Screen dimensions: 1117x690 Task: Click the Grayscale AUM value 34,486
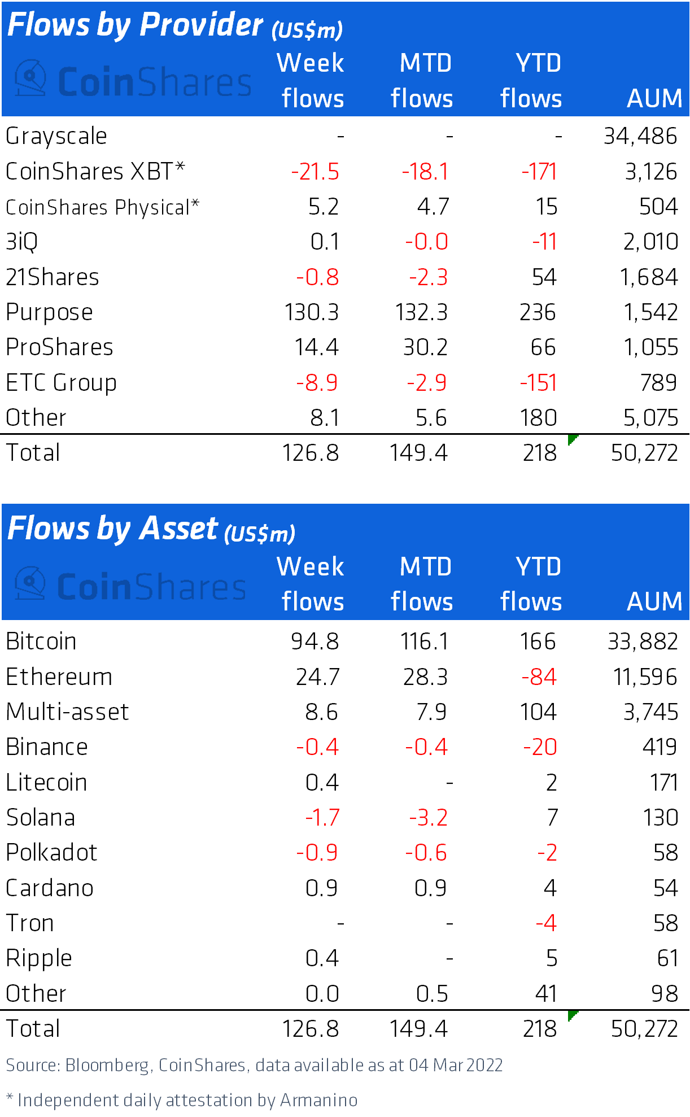(640, 136)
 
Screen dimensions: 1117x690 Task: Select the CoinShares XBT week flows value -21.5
(315, 172)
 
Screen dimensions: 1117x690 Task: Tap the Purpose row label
(50, 312)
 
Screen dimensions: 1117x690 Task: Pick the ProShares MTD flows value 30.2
(425, 347)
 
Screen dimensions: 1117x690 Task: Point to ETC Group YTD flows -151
(538, 383)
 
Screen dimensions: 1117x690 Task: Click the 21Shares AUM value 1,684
(648, 277)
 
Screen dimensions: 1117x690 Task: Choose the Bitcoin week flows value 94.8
(315, 642)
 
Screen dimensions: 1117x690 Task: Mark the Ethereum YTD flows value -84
(539, 677)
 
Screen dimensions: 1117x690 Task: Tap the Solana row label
(41, 818)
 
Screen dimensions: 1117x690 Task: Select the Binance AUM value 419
(660, 747)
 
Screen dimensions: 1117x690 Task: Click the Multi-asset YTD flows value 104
(538, 712)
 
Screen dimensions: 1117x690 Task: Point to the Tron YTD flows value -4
(546, 923)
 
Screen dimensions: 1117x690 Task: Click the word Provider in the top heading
(201, 25)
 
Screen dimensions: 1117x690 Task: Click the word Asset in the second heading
(178, 529)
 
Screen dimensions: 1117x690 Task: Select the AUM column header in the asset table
(654, 601)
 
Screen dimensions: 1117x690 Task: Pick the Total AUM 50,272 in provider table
(644, 453)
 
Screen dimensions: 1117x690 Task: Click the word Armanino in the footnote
(318, 1100)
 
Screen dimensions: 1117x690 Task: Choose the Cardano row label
(50, 888)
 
